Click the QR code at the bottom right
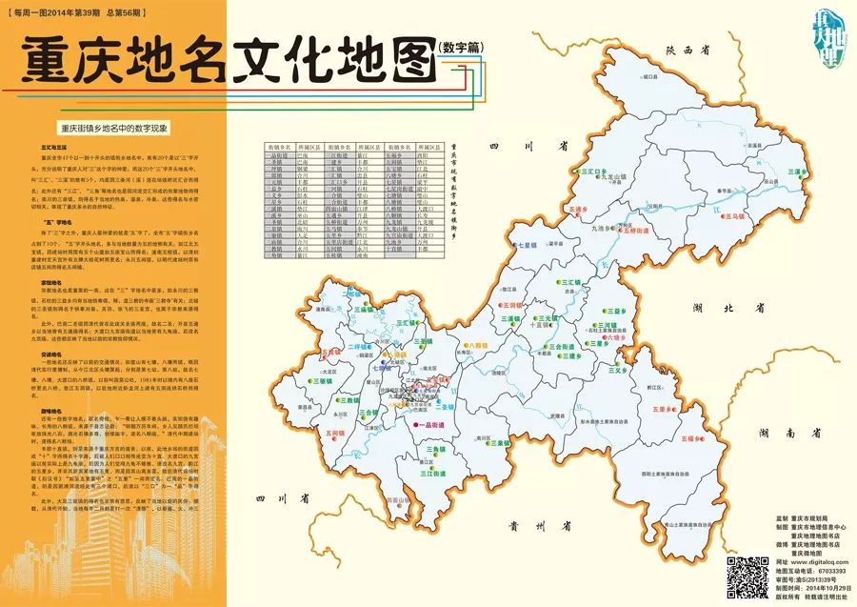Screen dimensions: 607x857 (x=743, y=574)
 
